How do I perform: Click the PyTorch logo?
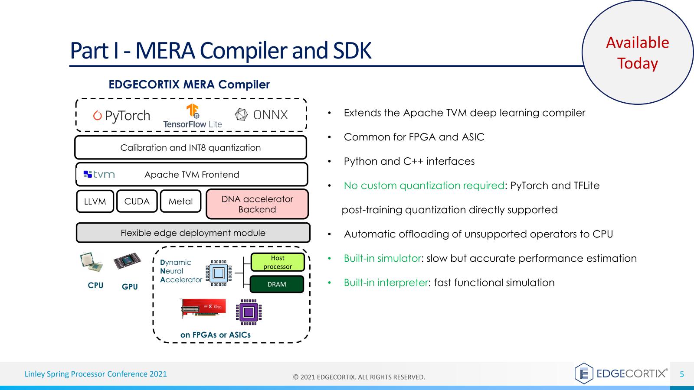point(121,116)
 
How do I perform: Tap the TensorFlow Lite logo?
point(193,116)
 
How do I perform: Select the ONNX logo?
point(261,115)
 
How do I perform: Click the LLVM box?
point(95,201)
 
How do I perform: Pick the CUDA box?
point(137,201)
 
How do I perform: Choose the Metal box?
point(180,201)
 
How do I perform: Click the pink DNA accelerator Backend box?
point(257,204)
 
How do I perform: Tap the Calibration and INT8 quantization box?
point(190,148)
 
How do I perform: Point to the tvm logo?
point(99,174)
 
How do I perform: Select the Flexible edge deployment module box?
point(193,233)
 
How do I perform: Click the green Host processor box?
point(278,262)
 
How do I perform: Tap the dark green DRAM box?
point(277,284)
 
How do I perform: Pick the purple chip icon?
point(249,312)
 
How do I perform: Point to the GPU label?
point(130,286)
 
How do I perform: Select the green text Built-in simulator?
point(382,258)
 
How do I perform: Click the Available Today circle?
point(637,52)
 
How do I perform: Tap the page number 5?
point(681,374)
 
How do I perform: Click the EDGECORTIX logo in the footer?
point(621,374)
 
